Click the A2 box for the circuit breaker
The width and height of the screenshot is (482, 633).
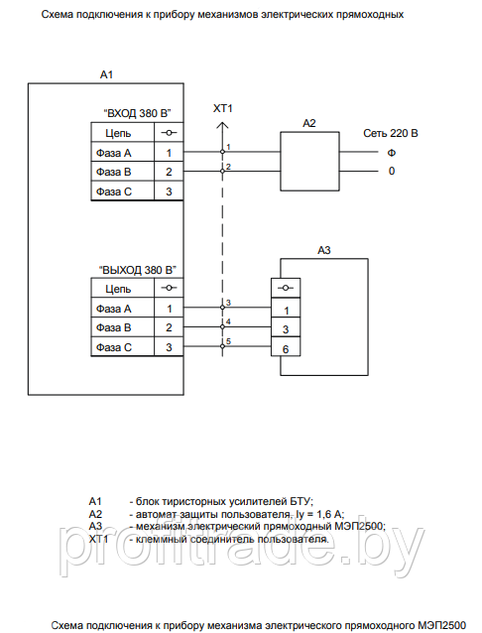(x=309, y=161)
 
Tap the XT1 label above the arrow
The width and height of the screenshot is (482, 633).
(x=223, y=108)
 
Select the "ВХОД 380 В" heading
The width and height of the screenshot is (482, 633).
(x=137, y=113)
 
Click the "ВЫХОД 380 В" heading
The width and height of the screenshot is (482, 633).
(x=138, y=270)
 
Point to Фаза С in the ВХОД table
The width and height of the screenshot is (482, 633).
(x=114, y=191)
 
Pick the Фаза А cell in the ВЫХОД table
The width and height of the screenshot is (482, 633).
(x=114, y=309)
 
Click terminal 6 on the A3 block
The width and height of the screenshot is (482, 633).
(x=286, y=349)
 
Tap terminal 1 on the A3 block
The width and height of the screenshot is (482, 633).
(x=286, y=310)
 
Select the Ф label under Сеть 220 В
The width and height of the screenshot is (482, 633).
(x=391, y=153)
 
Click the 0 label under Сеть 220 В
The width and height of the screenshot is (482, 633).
(x=392, y=172)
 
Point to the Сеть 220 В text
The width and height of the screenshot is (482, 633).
(x=391, y=133)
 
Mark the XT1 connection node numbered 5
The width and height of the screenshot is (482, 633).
(x=222, y=346)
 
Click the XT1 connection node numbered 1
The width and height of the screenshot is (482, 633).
(x=222, y=152)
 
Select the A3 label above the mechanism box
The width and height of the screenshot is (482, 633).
(x=323, y=250)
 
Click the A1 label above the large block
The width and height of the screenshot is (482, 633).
(x=106, y=74)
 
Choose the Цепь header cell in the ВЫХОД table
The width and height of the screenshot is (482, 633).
(x=118, y=289)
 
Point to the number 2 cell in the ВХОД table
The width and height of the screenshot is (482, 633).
(x=169, y=172)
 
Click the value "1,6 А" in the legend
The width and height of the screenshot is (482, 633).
(x=330, y=514)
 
